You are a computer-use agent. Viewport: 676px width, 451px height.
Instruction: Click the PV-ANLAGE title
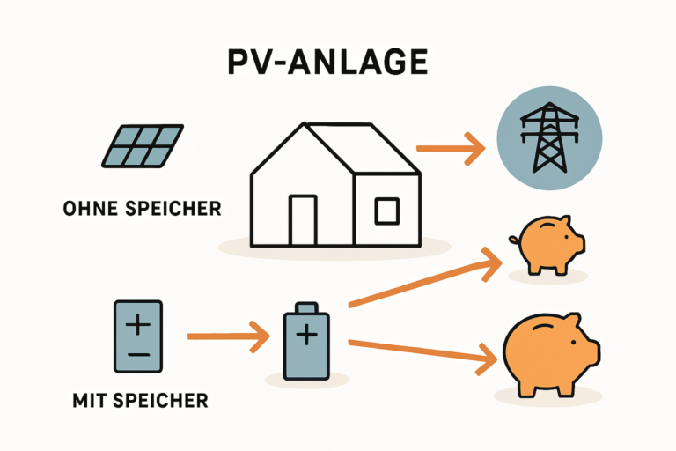tap(337, 63)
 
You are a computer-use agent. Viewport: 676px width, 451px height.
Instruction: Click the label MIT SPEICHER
tap(140, 401)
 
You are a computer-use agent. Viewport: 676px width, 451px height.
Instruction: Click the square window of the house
tap(386, 211)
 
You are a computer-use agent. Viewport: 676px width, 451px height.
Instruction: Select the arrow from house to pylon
tap(450, 148)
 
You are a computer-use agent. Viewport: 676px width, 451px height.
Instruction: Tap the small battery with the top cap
tap(306, 342)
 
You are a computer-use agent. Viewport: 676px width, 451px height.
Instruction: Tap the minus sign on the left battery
tap(138, 355)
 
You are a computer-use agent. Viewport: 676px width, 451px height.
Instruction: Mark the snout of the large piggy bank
tap(592, 351)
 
